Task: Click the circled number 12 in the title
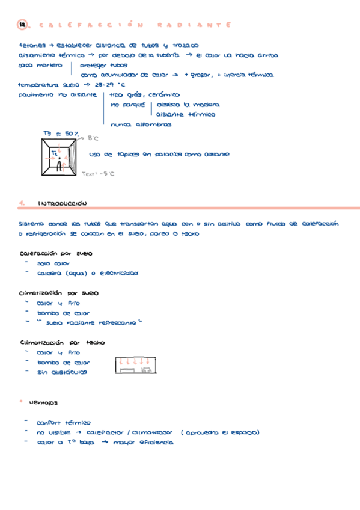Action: pos(23,25)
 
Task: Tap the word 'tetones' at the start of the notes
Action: pos(31,45)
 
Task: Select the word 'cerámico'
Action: pos(163,94)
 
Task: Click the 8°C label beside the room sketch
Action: pos(93,138)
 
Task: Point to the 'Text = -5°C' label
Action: pos(98,174)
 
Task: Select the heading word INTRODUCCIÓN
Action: pos(63,203)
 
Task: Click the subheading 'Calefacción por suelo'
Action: pos(56,253)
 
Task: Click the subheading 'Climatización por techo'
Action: pos(62,342)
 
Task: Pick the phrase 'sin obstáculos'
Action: pos(62,372)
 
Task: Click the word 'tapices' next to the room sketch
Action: pos(127,155)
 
